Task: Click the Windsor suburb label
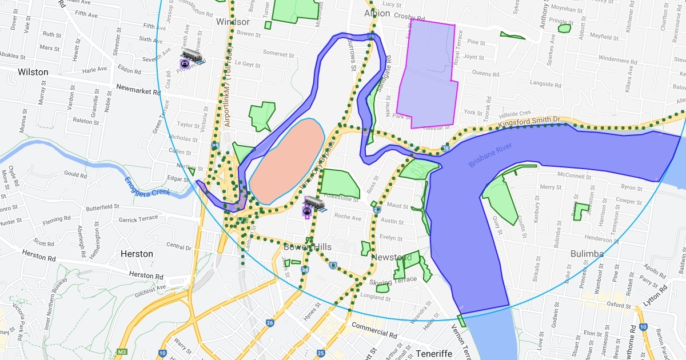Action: click(x=233, y=22)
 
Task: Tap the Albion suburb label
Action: click(x=377, y=13)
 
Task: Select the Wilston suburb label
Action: click(x=33, y=72)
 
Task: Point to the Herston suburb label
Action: click(x=137, y=254)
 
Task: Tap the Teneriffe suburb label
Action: click(x=434, y=354)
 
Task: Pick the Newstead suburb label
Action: click(x=391, y=257)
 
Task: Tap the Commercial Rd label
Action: click(x=374, y=330)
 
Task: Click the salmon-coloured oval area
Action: click(x=286, y=161)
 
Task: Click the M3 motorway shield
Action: click(x=121, y=352)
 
